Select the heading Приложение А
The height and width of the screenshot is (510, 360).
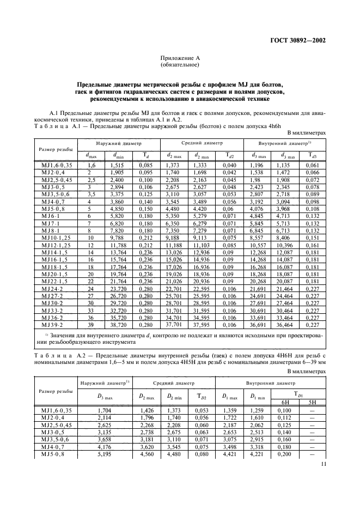pos(180,58)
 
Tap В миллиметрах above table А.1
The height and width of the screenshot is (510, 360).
pos(306,132)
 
